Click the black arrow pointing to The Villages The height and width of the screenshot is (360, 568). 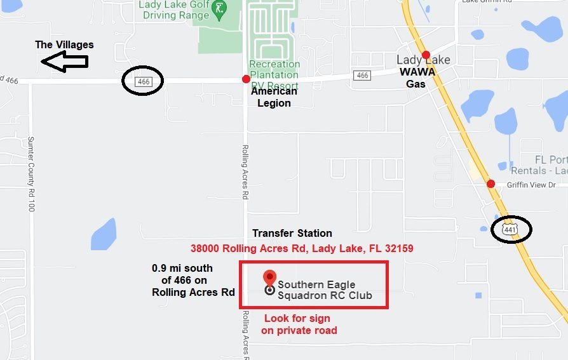[x=64, y=61]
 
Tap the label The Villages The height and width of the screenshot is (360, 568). [x=64, y=44]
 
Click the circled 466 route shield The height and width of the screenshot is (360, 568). [x=143, y=81]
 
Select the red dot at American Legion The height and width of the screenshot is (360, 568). [x=246, y=79]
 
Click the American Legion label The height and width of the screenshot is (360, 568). [x=274, y=97]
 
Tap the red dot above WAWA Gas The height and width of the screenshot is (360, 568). [x=426, y=55]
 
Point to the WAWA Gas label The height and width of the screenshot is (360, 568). [x=417, y=77]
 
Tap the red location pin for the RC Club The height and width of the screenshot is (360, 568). [x=269, y=279]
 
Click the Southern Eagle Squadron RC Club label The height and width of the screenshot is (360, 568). [x=325, y=290]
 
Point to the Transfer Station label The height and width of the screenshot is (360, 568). [x=292, y=233]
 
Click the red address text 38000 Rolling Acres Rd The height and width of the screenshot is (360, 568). [x=302, y=248]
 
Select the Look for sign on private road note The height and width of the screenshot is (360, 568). [x=299, y=324]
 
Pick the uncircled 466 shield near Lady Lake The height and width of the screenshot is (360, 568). [x=362, y=76]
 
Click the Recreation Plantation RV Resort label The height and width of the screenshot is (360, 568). [x=274, y=74]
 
